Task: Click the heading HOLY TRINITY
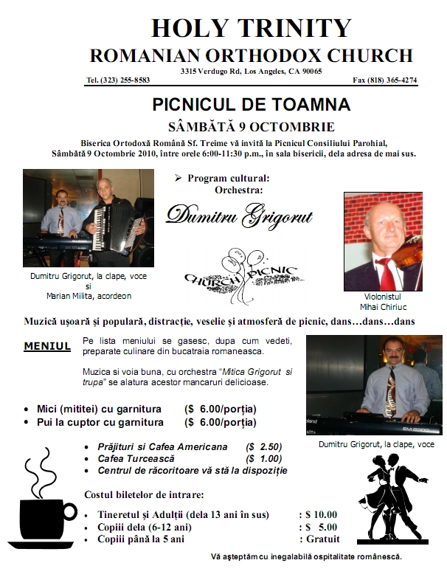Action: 251,28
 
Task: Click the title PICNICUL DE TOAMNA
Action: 252,104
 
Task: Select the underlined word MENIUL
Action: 47,345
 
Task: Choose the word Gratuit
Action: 322,539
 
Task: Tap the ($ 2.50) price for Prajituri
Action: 264,447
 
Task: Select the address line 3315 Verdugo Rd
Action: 252,70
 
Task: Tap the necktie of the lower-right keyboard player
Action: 392,384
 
